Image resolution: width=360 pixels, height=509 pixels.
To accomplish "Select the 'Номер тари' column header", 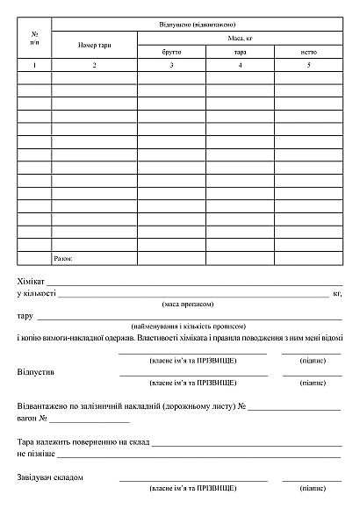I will tap(94, 45).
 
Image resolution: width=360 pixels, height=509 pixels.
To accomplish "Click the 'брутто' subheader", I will tap(171, 53).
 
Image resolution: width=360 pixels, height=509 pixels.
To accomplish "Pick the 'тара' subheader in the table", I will tap(239, 53).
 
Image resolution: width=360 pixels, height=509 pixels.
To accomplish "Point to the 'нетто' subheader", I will tap(308, 53).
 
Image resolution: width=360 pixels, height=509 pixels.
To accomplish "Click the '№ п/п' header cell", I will tap(34, 38).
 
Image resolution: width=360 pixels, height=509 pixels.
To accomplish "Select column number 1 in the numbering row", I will tap(34, 66).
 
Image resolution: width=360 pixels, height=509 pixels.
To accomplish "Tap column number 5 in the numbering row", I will tap(308, 66).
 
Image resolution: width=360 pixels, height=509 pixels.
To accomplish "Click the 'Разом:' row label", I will tap(63, 259).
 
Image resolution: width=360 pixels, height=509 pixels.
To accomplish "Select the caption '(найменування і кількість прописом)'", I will tap(187, 326).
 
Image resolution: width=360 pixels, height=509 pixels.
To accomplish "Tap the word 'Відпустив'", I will tap(35, 372).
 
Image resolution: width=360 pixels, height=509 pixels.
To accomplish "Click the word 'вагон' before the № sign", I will tap(27, 419).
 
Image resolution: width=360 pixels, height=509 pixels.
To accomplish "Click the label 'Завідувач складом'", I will tap(50, 477).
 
